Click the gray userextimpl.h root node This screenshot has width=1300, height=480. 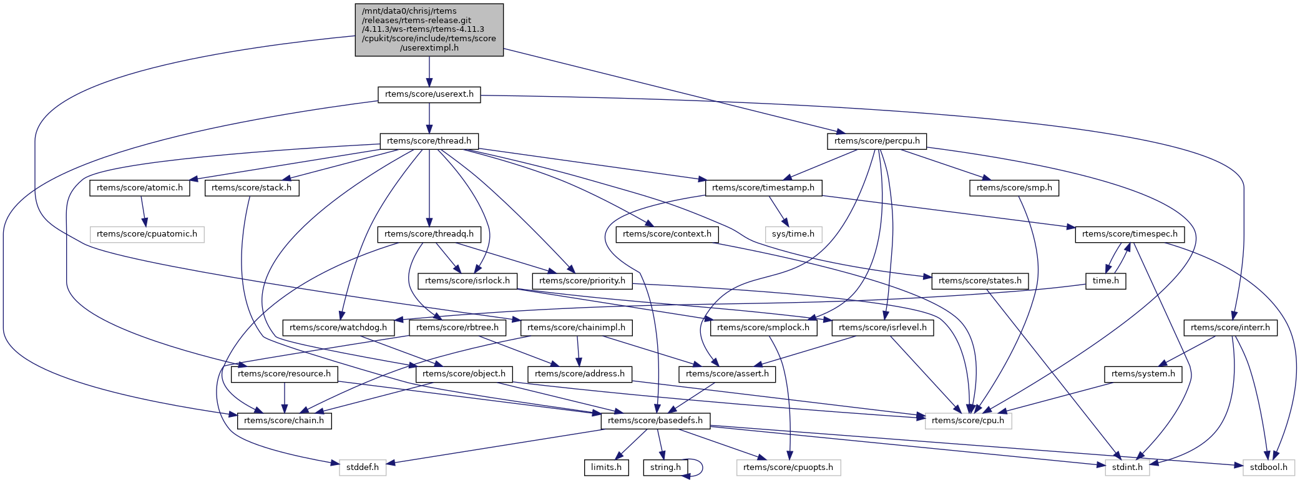[x=429, y=30]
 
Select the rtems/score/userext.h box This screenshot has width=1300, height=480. [x=429, y=95]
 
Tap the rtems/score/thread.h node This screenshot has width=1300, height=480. [x=429, y=141]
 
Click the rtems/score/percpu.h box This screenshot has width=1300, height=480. [x=877, y=141]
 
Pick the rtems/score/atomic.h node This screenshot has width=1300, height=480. [x=140, y=188]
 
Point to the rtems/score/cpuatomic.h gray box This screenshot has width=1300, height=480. [x=147, y=234]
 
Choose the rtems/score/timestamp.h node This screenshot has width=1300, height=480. [x=763, y=188]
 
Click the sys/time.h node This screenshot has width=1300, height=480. [x=793, y=234]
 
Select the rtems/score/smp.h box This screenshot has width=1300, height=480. [x=1014, y=188]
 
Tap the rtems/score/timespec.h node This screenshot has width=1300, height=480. [x=1130, y=234]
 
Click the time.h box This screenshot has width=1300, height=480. [x=1105, y=281]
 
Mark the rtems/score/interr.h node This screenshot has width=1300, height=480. [x=1230, y=328]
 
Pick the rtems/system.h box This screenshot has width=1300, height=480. [x=1143, y=374]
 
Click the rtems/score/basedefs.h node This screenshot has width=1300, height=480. [x=655, y=421]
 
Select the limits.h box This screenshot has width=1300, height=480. [x=606, y=467]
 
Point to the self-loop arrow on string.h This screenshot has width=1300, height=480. [x=702, y=467]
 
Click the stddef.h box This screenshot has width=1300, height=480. [x=363, y=467]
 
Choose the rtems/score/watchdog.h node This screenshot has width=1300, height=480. [x=338, y=328]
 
